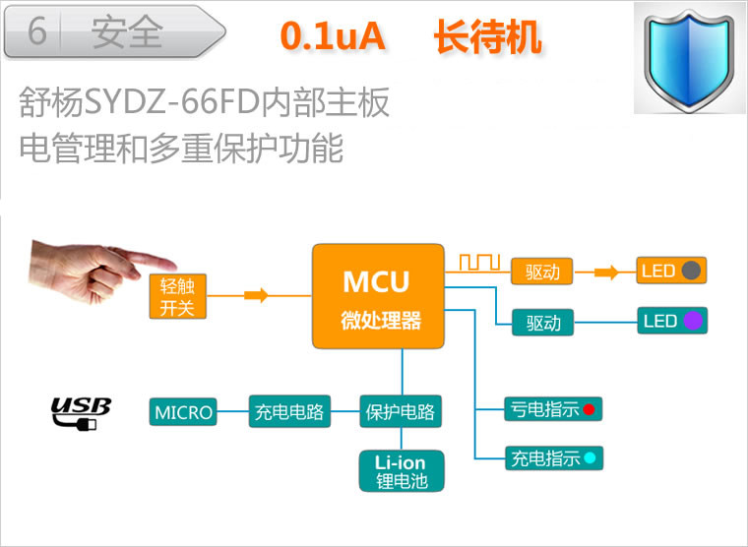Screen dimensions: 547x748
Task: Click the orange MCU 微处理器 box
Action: (375, 296)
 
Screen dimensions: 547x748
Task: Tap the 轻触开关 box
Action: (178, 297)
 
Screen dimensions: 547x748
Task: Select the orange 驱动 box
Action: (542, 272)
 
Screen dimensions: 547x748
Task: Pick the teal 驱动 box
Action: (542, 322)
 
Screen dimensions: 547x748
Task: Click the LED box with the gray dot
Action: (672, 271)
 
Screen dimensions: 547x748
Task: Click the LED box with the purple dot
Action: (672, 321)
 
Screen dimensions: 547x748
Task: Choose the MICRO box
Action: (184, 412)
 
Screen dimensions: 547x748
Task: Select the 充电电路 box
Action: (289, 412)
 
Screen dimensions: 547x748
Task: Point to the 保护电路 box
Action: (400, 412)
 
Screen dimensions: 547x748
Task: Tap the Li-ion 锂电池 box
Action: (400, 471)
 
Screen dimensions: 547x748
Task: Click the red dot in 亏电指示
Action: (589, 409)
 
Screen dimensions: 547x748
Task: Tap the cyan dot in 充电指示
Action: (589, 457)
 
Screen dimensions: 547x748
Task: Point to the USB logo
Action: (81, 412)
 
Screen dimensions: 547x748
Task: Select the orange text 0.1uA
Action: (332, 36)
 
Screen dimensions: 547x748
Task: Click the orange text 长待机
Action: (487, 36)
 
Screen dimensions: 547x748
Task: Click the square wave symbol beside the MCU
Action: (480, 263)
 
